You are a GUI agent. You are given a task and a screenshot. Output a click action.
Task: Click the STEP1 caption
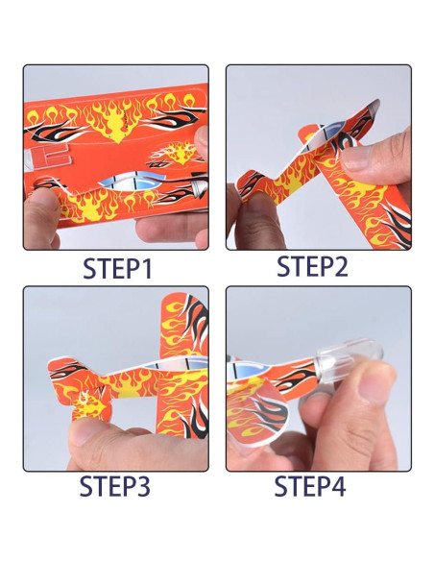tap(117, 268)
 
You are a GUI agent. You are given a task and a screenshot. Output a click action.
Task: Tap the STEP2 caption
tap(312, 266)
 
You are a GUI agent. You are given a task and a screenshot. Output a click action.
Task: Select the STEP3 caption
tap(115, 486)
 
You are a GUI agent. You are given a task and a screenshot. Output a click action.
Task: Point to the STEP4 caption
tap(309, 486)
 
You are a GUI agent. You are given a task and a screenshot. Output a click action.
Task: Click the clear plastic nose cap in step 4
tap(348, 356)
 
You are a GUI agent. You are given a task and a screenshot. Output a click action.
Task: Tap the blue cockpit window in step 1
tap(131, 181)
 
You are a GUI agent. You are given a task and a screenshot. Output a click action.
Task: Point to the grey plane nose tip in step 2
tap(374, 105)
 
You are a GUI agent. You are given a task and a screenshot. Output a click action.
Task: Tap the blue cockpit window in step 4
tap(249, 371)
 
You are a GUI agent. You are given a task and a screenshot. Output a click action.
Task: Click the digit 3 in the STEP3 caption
tap(141, 486)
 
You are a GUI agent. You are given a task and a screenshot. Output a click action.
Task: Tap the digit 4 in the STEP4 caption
tap(336, 486)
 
